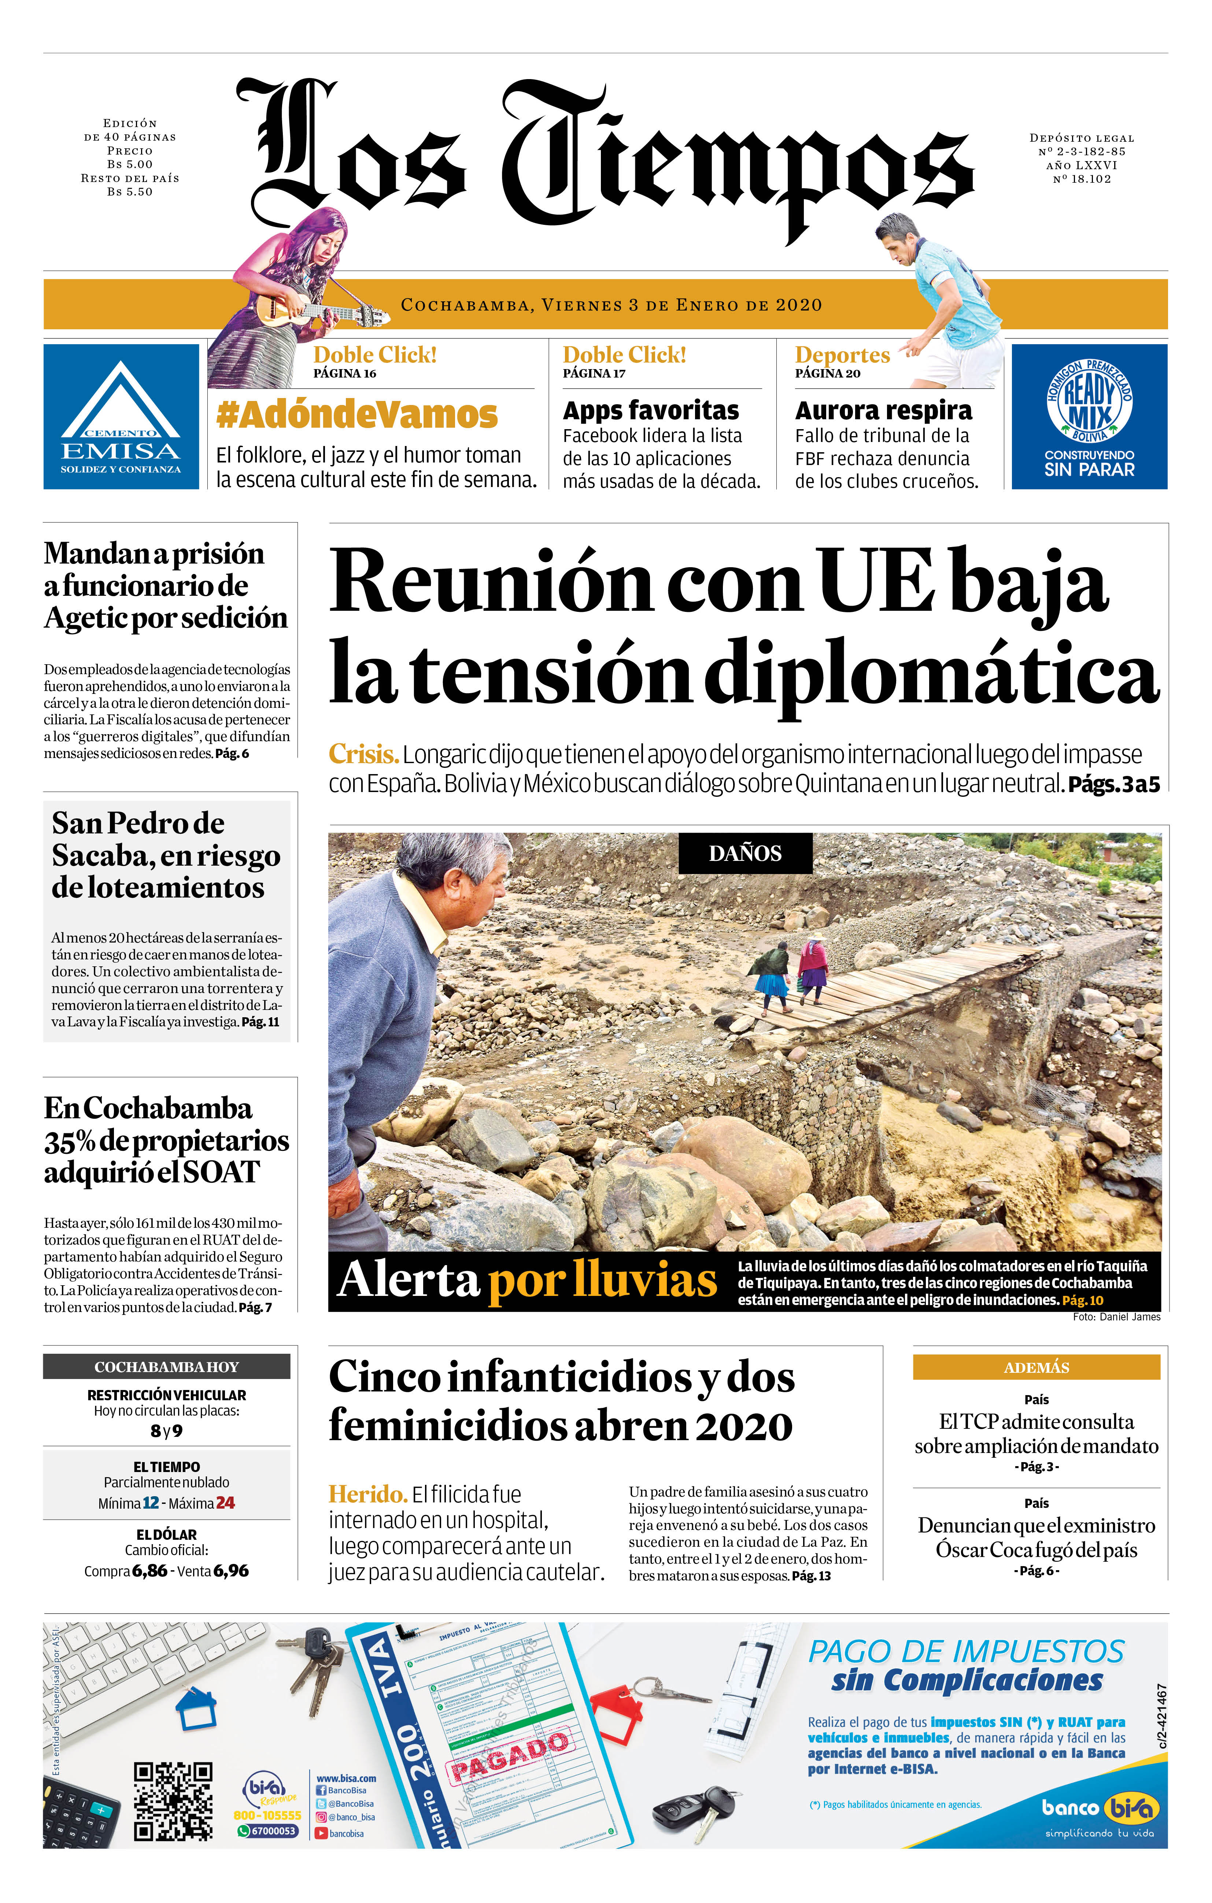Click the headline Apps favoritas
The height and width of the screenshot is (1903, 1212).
click(651, 411)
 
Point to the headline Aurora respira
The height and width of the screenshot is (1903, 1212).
click(883, 411)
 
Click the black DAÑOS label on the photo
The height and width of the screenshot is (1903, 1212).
click(745, 854)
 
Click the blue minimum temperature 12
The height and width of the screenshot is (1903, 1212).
click(150, 1503)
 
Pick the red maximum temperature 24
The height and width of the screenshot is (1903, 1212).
click(225, 1503)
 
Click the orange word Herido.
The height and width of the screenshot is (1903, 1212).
click(367, 1494)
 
